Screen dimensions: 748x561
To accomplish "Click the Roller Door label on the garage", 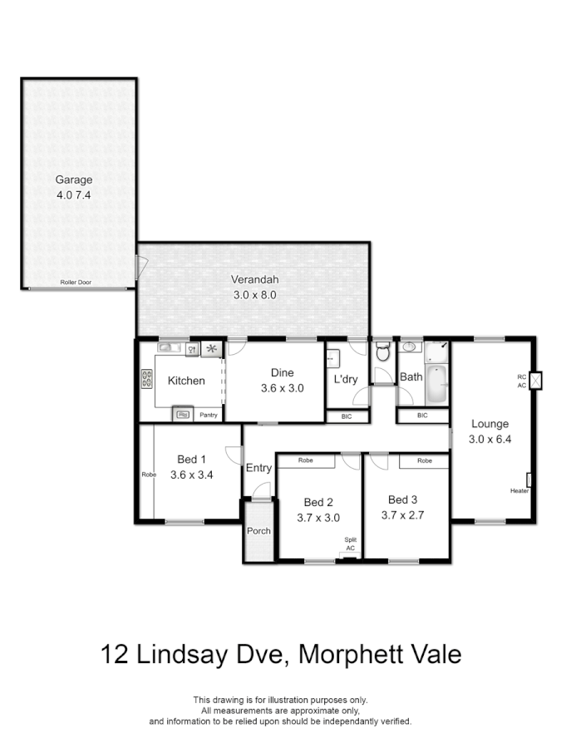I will pos(76,283).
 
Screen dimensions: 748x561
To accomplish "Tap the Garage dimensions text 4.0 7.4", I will pos(74,195).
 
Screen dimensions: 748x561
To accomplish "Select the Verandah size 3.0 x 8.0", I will pos(253,295).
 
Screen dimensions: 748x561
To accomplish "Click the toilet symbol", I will pos(382,352).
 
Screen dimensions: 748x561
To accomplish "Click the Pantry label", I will pos(209,415).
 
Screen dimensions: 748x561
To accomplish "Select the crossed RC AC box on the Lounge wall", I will pos(537,381).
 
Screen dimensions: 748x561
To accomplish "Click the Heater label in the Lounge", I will pos(519,491).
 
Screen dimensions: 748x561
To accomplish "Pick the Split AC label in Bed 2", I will pos(351,544).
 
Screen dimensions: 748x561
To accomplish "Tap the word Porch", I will pos(258,530).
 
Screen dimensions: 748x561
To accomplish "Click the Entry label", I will pos(258,468).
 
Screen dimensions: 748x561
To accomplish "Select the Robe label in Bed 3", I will pos(424,460).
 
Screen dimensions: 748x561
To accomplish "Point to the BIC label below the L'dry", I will pos(345,416).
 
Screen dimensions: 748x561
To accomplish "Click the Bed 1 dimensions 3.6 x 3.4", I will pos(192,475).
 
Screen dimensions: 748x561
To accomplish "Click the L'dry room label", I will pos(346,380).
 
